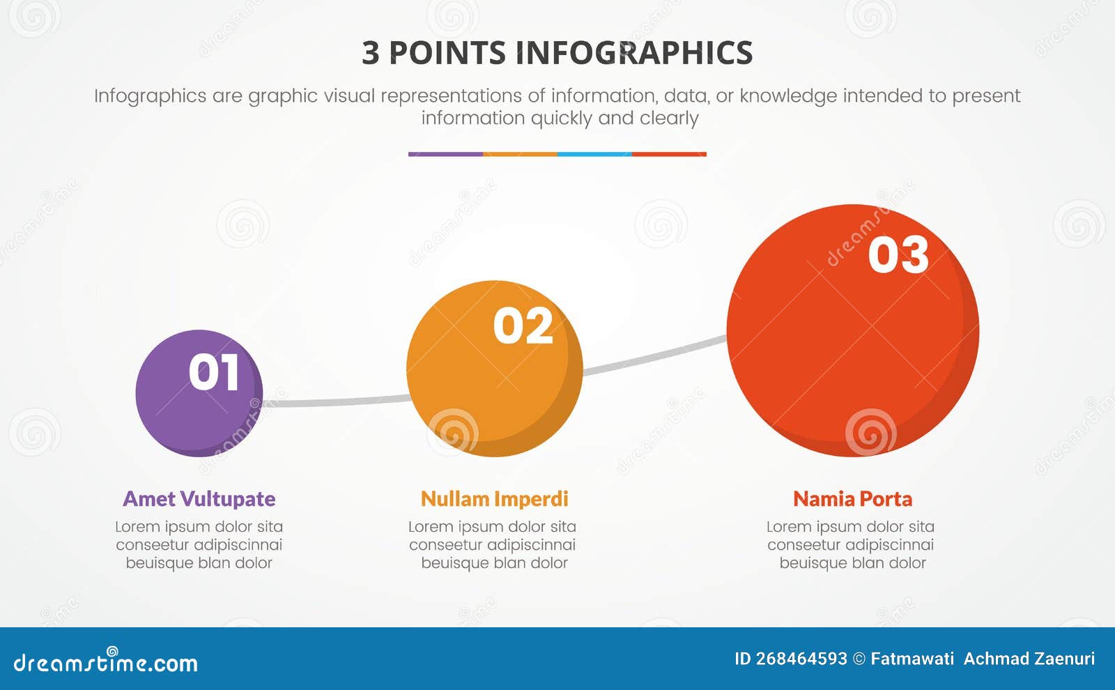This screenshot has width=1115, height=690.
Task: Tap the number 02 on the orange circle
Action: (x=523, y=326)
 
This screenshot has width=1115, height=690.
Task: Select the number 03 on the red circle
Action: (x=898, y=254)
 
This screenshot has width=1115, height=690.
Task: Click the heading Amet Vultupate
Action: (x=199, y=499)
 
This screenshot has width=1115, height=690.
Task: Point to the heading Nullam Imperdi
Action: (x=494, y=499)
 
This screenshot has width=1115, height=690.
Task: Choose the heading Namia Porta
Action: (x=852, y=499)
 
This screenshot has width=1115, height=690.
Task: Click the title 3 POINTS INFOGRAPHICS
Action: (x=557, y=53)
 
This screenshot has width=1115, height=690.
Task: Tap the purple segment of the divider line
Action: (x=445, y=154)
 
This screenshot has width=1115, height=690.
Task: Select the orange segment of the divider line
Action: (x=520, y=154)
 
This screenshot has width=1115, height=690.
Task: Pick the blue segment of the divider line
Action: (x=594, y=154)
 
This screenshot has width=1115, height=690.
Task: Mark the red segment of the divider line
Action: (x=669, y=154)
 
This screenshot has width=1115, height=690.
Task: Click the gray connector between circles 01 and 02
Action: (x=334, y=401)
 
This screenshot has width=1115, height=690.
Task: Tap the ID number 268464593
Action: (x=801, y=659)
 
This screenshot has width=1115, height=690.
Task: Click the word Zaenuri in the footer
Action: (x=1063, y=659)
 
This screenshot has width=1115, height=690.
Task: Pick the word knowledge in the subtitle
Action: (x=788, y=95)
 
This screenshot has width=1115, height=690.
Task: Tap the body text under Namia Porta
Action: (x=851, y=545)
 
